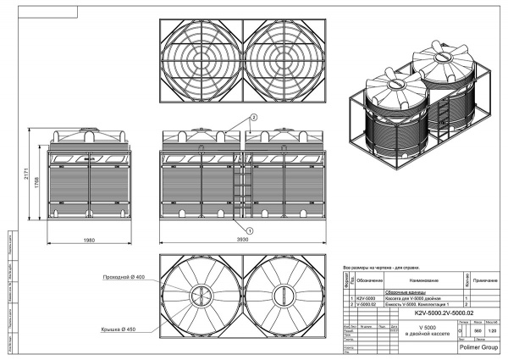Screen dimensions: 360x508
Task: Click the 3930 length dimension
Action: (244, 240)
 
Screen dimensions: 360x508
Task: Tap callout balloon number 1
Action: (251, 229)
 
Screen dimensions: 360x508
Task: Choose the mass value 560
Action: (477, 330)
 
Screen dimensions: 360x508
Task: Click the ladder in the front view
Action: (242, 188)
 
